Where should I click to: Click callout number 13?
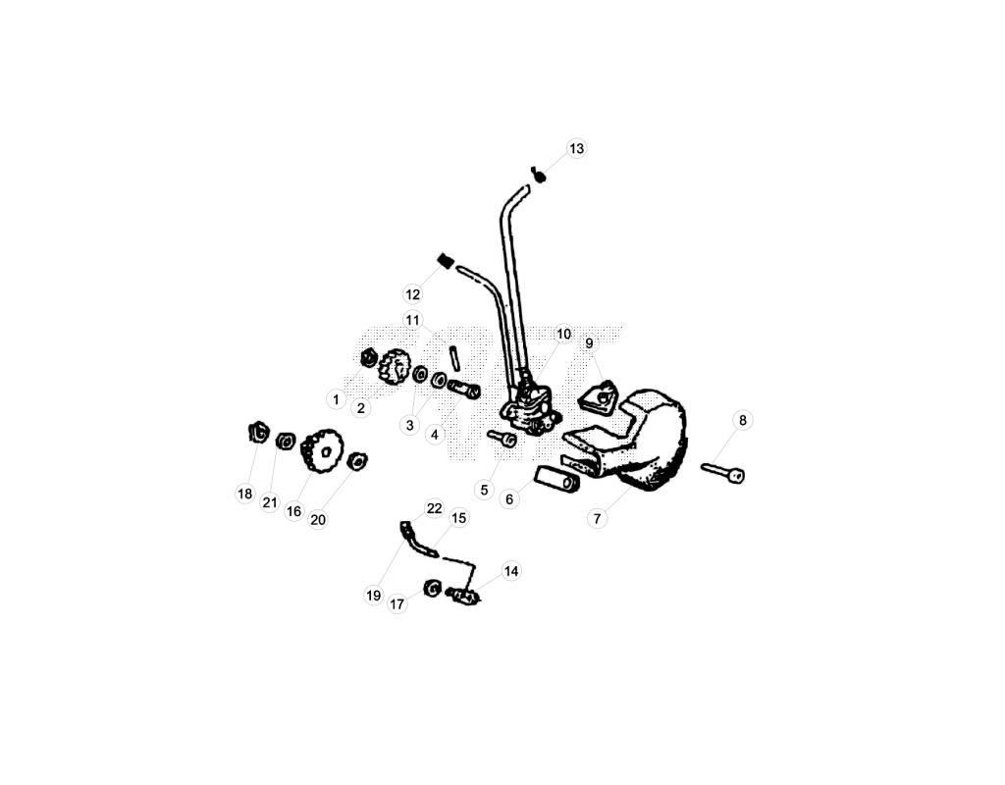[x=576, y=149]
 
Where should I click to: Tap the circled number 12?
[x=413, y=294]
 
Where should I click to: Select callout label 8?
[x=743, y=420]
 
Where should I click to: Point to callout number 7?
[x=598, y=518]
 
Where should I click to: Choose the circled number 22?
[x=435, y=508]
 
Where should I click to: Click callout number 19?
[x=373, y=596]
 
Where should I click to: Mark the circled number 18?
[x=244, y=495]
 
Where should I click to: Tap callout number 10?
[x=563, y=334]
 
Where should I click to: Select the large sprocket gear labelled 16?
[x=322, y=450]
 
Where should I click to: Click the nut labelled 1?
[x=369, y=356]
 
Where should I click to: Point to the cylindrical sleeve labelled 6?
[x=557, y=480]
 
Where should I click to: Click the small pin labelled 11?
[x=454, y=357]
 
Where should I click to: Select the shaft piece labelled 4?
[x=463, y=389]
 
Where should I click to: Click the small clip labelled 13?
[x=539, y=174]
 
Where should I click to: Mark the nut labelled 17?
[x=433, y=588]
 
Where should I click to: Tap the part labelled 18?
[x=258, y=432]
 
